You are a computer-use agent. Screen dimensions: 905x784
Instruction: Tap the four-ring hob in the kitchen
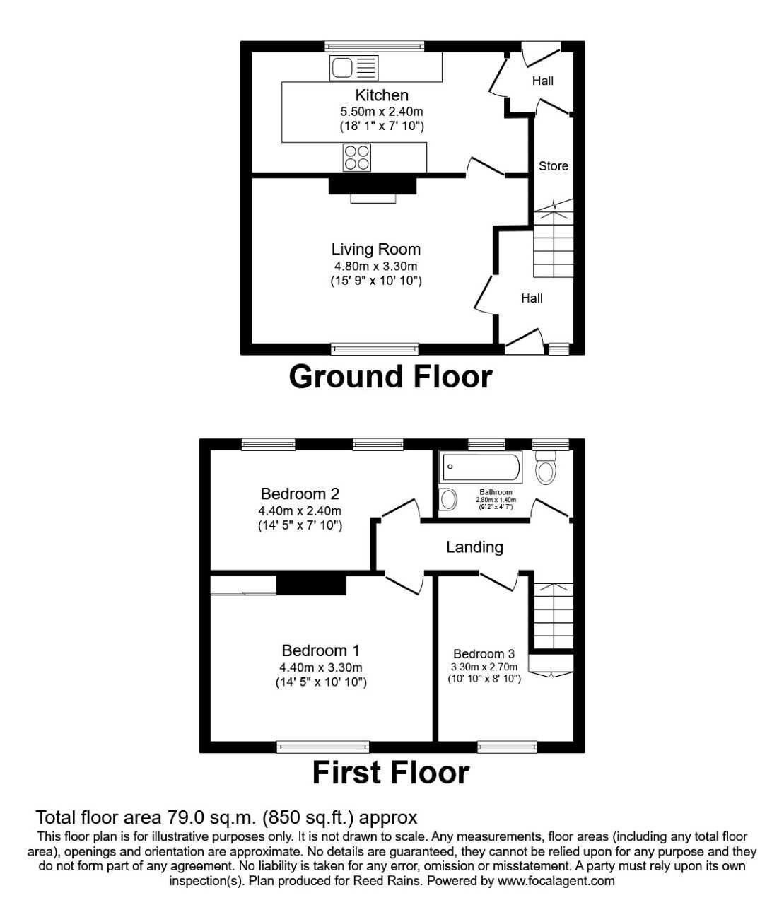click(357, 157)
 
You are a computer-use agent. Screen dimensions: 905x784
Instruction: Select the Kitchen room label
click(382, 95)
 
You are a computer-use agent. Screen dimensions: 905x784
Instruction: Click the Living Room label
click(375, 249)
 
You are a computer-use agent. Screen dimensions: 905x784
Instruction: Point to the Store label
click(553, 166)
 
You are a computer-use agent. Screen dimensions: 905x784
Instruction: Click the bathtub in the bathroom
click(481, 467)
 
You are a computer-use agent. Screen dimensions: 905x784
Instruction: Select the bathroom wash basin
click(448, 500)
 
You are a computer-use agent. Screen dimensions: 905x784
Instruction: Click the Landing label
click(474, 547)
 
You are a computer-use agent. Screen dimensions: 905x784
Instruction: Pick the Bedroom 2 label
click(299, 494)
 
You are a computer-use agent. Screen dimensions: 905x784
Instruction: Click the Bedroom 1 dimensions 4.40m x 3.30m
click(320, 667)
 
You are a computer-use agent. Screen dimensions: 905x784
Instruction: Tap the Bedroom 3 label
click(484, 654)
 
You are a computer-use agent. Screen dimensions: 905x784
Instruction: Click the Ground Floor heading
click(390, 376)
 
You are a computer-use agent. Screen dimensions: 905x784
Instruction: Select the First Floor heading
click(390, 773)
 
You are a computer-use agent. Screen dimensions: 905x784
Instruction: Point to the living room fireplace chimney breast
click(373, 185)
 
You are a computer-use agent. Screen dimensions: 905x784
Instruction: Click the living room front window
click(375, 349)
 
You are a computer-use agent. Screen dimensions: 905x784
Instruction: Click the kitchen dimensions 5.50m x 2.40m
click(382, 111)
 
